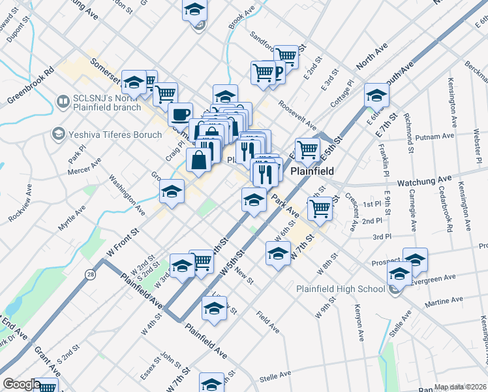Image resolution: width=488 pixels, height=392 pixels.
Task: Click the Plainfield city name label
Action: tap(312, 171)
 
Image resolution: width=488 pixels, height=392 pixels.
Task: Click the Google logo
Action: tap(22, 384)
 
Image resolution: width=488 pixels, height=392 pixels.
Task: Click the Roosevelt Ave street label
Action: tap(297, 115)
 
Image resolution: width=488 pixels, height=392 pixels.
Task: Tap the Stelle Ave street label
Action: tap(279, 377)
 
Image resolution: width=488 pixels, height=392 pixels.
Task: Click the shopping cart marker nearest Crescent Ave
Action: tap(319, 210)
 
